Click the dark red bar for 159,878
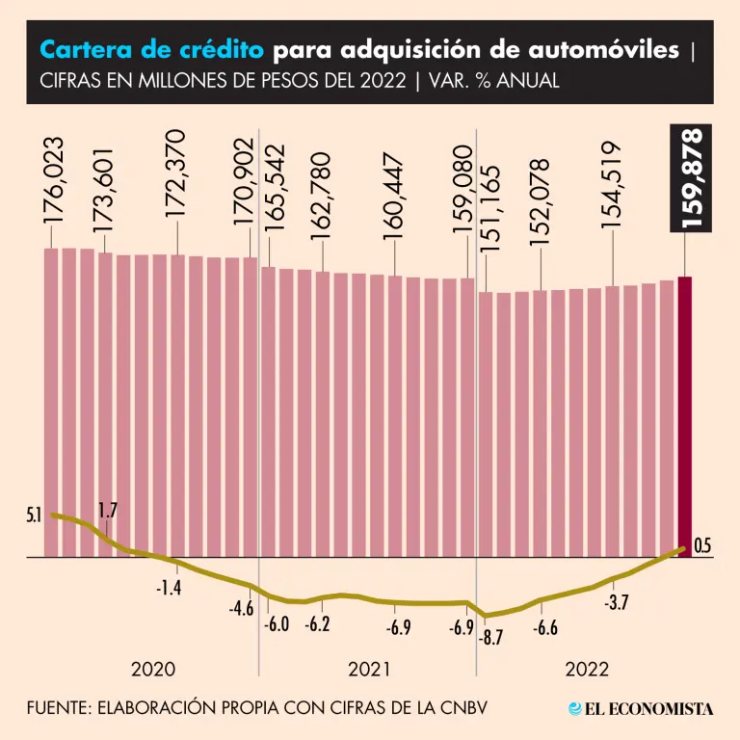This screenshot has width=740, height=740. click(685, 414)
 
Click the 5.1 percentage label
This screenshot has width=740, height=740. click(34, 516)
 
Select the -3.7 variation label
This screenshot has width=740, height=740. click(616, 603)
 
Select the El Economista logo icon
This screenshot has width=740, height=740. click(575, 708)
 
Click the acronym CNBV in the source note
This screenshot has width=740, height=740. click(461, 708)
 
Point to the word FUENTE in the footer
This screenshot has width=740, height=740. click(57, 708)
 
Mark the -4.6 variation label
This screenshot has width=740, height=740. click(241, 609)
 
